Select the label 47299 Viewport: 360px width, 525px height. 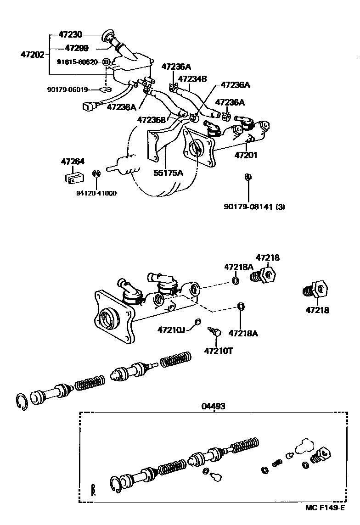pos(77,48)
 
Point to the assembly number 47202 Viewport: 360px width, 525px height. pos(32,55)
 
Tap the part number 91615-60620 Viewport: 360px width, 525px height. pos(77,62)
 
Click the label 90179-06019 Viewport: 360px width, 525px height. pos(67,90)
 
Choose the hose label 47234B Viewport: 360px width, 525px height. pos(192,78)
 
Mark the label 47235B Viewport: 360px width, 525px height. pos(151,120)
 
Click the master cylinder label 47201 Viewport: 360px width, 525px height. pos(246,155)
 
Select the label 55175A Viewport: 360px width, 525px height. pos(168,173)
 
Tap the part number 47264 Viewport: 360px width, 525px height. pos(73,161)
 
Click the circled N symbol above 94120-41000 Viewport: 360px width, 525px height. pos(96,173)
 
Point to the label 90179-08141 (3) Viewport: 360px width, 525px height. pos(254,207)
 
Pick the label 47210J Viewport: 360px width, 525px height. pos(171,329)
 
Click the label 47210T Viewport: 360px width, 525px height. pos(219,351)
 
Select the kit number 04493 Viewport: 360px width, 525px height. pos(214,406)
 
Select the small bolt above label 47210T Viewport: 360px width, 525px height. pos(214,330)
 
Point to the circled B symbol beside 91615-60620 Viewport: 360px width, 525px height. pos(106,62)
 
